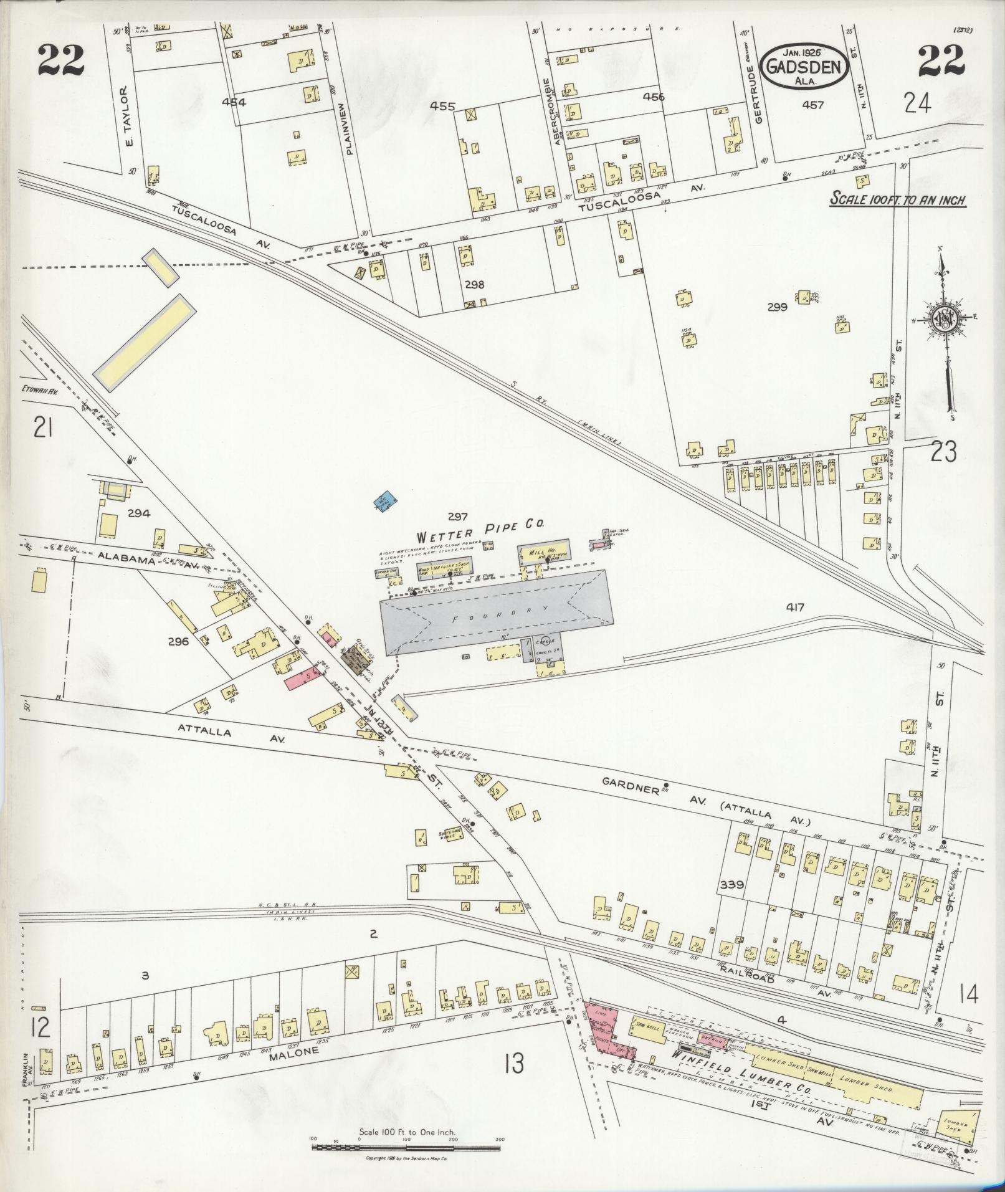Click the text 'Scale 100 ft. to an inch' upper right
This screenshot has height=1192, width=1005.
[x=897, y=200]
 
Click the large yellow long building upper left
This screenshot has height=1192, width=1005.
[x=142, y=343]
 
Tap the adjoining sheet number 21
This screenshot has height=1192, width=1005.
[x=42, y=429]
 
